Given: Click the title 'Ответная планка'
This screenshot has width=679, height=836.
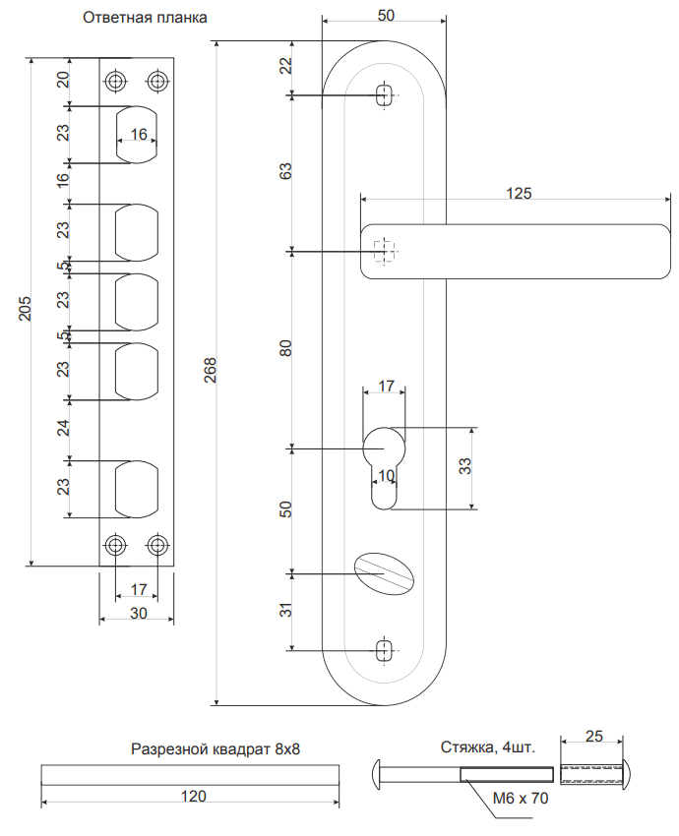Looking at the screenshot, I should click(145, 19).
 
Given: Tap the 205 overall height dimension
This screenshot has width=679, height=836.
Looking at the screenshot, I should click(25, 310).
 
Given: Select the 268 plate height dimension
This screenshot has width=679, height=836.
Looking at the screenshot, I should click(210, 370).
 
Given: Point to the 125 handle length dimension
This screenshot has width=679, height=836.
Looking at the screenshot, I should click(519, 193).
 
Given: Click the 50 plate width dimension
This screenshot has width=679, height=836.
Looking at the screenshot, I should click(386, 16).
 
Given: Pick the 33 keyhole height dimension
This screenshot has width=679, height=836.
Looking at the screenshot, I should click(465, 467).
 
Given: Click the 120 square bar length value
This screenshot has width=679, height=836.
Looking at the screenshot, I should click(194, 796).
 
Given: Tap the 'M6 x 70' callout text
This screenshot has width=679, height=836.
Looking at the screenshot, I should click(519, 799).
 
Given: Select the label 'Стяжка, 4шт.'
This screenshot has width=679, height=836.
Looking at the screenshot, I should click(487, 748).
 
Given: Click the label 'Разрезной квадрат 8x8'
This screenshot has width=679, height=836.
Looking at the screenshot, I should click(215, 748).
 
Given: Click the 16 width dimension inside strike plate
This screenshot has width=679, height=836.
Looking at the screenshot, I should click(138, 134).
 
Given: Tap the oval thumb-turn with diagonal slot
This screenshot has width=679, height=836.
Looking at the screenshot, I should click(385, 571).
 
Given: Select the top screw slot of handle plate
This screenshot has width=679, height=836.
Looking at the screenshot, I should click(385, 95).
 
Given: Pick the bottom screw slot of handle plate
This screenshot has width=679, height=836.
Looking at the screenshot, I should click(385, 650).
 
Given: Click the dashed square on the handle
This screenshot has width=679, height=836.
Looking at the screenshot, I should click(386, 252).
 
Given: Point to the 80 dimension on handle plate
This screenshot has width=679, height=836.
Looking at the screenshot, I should click(286, 349).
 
